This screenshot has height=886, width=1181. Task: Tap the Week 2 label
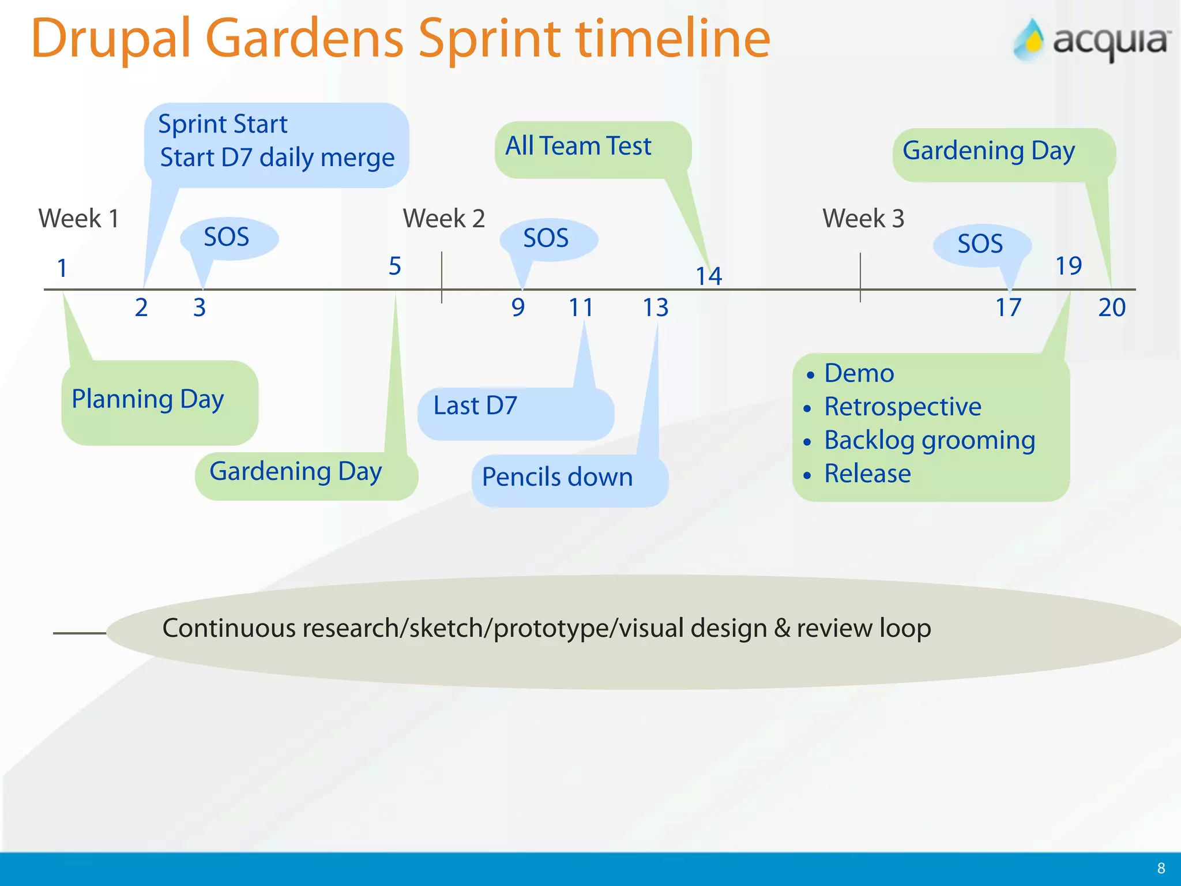443,219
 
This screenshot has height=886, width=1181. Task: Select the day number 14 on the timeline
709,276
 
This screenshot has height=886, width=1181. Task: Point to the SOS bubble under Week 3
980,244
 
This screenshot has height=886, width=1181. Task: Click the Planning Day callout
148,400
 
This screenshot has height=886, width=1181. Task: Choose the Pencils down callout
557,478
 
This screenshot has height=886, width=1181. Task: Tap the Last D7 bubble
475,406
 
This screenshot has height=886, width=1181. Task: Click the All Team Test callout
578,146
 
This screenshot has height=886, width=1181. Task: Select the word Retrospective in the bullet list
902,407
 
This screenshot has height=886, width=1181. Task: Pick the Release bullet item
867,474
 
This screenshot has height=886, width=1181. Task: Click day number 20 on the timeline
1112,307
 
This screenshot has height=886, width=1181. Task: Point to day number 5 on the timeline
394,266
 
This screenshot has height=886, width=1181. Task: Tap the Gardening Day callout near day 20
988,151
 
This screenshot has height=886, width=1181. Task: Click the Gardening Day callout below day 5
295,472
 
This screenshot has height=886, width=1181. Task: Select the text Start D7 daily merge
277,157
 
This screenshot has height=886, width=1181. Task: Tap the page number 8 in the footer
1161,868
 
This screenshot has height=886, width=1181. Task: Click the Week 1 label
79,219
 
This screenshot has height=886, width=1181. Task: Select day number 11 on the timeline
581,307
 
